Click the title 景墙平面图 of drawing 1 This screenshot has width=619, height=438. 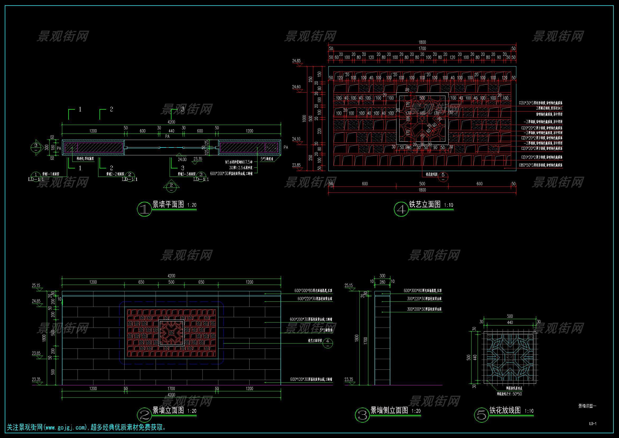(x=168, y=204)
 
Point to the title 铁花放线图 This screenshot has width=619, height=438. (x=505, y=410)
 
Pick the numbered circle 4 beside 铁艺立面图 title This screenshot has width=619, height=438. (x=401, y=209)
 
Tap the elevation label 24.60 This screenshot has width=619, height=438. (x=296, y=87)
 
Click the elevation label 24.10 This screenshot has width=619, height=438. (x=296, y=139)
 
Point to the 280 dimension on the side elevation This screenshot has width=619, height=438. (x=382, y=282)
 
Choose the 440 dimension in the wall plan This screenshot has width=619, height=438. (x=171, y=131)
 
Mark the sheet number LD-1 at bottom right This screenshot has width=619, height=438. (x=593, y=423)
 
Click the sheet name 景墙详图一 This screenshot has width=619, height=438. (x=587, y=406)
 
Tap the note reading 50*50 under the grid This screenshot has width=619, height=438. (x=517, y=394)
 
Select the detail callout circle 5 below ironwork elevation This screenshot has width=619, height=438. (x=443, y=176)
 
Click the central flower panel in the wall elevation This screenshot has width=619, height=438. (x=171, y=333)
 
